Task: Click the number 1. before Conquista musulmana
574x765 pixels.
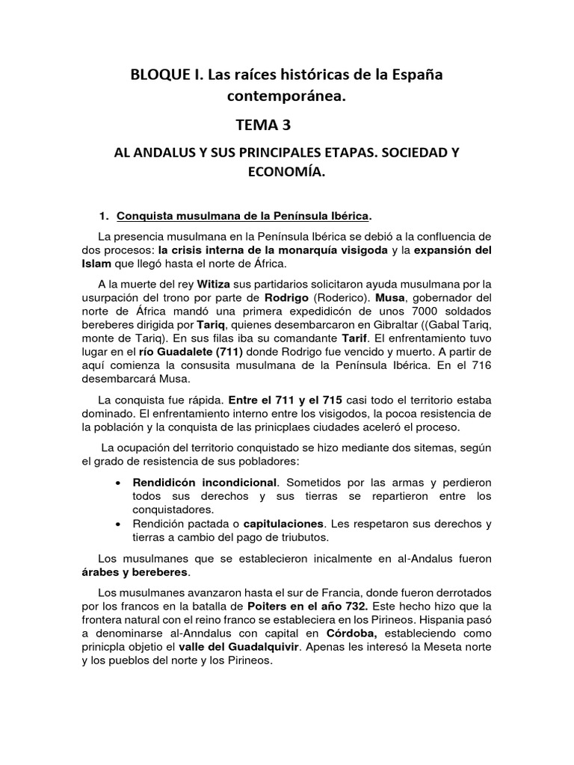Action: [105, 216]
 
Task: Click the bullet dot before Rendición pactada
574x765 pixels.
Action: [120, 525]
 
